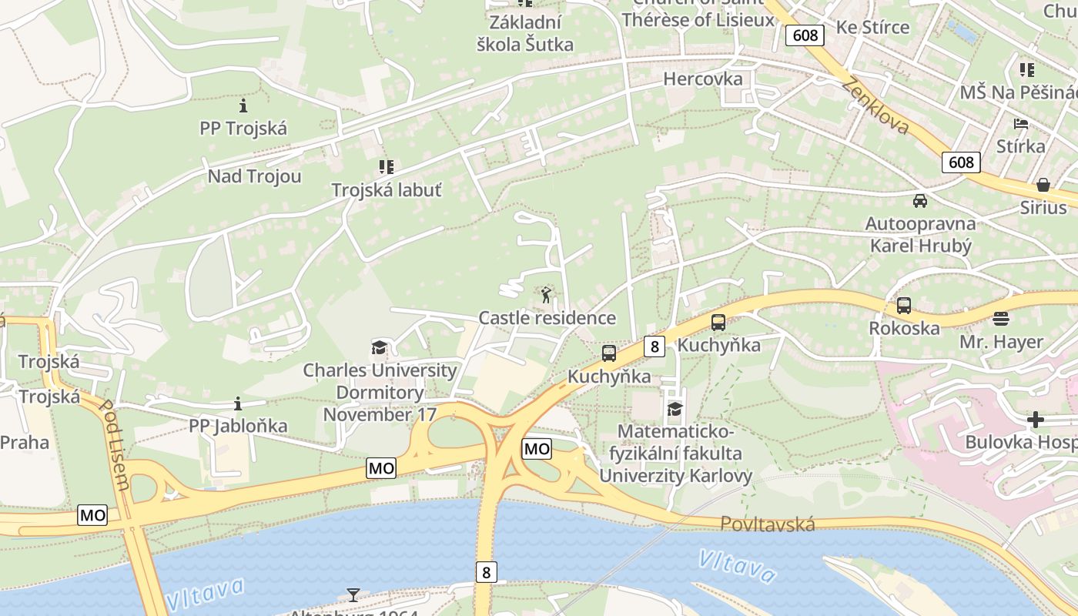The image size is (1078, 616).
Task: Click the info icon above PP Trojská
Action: click(243, 105)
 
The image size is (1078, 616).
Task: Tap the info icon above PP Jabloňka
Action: click(238, 403)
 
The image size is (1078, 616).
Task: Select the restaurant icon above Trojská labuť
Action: click(386, 166)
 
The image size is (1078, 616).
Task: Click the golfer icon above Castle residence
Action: click(546, 295)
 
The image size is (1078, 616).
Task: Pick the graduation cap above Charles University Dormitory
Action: click(378, 347)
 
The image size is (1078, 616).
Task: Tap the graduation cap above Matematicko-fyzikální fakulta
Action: click(675, 408)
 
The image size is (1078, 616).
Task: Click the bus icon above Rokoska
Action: click(904, 306)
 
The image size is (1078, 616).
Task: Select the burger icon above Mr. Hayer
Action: click(1001, 318)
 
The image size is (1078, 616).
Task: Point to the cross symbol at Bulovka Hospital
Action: click(1036, 420)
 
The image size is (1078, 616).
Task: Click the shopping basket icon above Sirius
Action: click(1043, 185)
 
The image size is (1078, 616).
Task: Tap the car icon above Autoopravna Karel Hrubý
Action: click(919, 201)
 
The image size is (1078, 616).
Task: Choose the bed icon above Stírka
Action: click(1021, 123)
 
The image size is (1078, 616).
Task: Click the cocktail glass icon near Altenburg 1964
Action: click(353, 594)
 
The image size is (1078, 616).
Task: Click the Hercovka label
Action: click(702, 79)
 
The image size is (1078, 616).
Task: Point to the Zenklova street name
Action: click(875, 105)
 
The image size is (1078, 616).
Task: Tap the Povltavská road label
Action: click(767, 524)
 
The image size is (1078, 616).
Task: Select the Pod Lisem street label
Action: click(115, 445)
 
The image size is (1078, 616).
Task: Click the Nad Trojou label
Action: click(254, 176)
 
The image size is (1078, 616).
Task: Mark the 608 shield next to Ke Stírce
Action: click(805, 35)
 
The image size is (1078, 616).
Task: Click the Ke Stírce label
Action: click(872, 27)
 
